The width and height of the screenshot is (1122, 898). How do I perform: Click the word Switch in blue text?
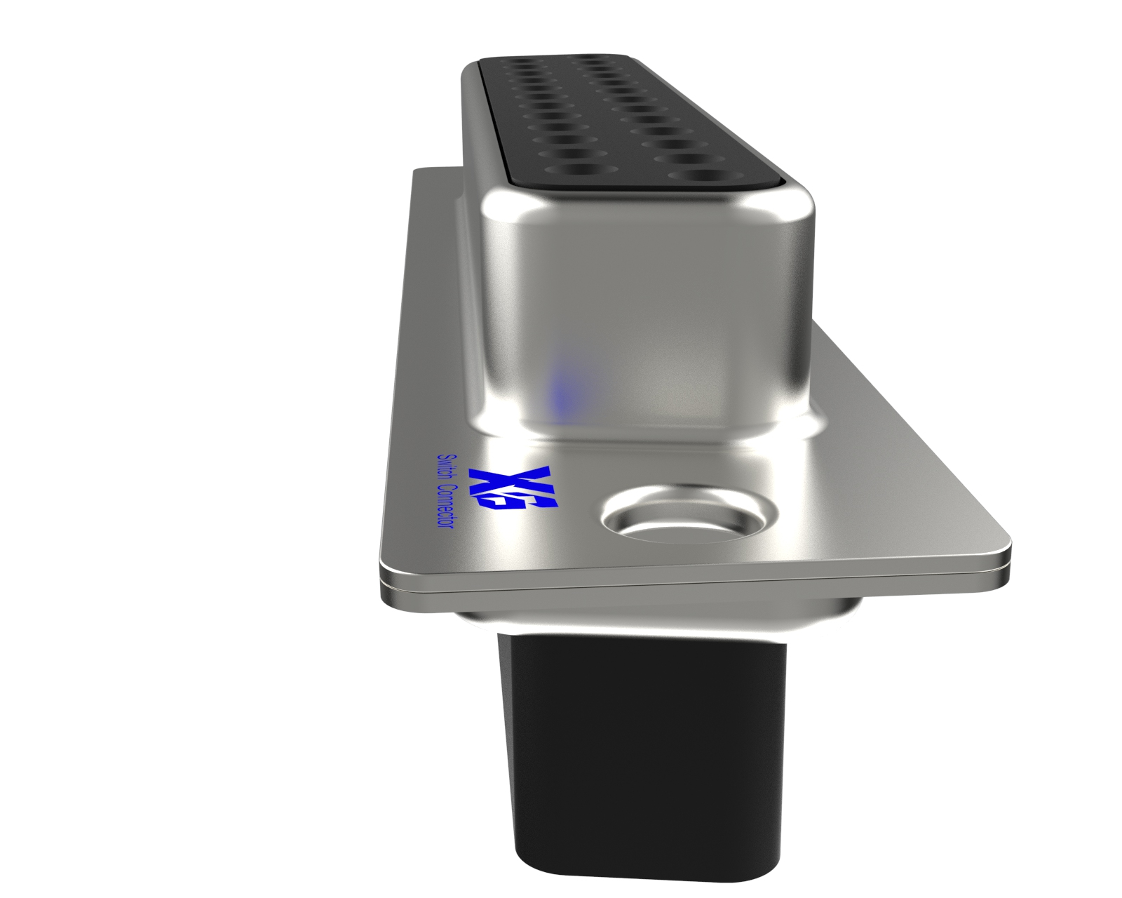pyautogui.click(x=445, y=469)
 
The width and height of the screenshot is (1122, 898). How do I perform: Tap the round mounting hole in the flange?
pyautogui.click(x=689, y=518)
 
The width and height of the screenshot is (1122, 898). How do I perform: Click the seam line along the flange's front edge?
pyautogui.click(x=694, y=587)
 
